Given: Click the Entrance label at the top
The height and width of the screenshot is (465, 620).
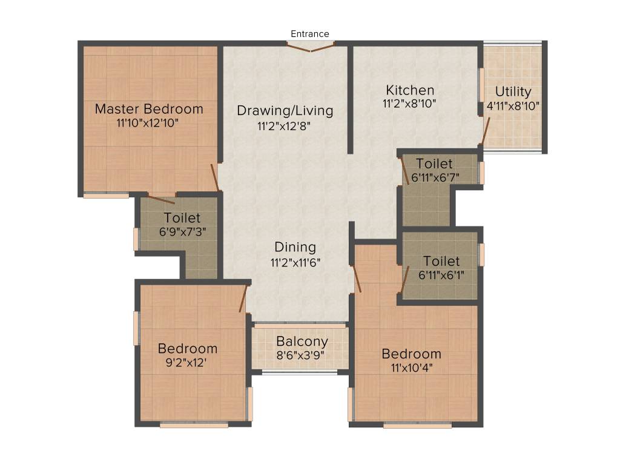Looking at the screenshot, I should point(310,34).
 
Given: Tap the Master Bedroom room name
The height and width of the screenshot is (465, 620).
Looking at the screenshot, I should point(149,110).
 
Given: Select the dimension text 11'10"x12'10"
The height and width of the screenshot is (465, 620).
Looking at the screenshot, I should point(149,123).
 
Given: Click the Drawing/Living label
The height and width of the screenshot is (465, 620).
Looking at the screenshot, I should point(285,111).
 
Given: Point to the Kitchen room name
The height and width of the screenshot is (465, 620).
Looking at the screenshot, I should point(409,90).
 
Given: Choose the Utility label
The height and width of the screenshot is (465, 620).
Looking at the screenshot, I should point(513,92).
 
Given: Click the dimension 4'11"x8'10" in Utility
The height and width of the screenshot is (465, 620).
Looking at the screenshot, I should point(513,105).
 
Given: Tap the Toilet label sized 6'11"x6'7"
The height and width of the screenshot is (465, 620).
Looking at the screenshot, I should point(434,164).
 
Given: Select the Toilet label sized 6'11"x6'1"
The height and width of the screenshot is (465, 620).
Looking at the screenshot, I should point(441,262).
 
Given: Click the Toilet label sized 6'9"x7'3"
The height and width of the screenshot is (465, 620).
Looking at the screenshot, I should point(182,218).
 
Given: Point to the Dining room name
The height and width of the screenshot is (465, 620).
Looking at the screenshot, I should point(295,247).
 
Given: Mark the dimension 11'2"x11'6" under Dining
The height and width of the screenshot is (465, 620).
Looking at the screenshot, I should point(295,262).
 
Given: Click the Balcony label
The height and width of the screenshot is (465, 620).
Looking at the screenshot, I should point(302,341).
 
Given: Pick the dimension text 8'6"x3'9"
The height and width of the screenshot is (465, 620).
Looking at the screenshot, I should point(302,355).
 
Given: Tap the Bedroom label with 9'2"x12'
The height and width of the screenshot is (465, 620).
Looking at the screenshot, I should point(187,349).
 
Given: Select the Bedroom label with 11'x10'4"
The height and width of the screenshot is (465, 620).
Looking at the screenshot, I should point(411,354).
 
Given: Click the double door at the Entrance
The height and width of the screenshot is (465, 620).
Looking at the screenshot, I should point(310,47).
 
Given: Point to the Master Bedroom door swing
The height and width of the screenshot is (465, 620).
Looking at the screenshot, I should point(215,177).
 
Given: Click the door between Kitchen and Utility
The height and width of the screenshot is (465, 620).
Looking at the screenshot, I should point(484,131).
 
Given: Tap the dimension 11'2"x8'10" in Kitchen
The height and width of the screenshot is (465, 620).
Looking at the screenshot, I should point(409,104).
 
